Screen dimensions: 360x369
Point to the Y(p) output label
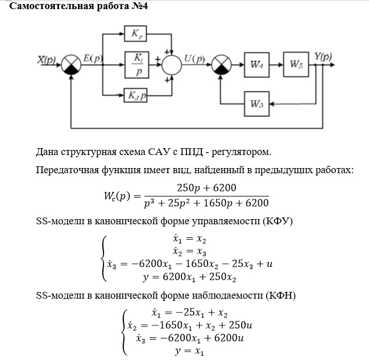(x=324, y=56)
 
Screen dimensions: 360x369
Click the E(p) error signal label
(x=93, y=58)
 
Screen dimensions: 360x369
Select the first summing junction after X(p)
(x=71, y=65)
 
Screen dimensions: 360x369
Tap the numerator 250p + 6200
(x=206, y=188)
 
